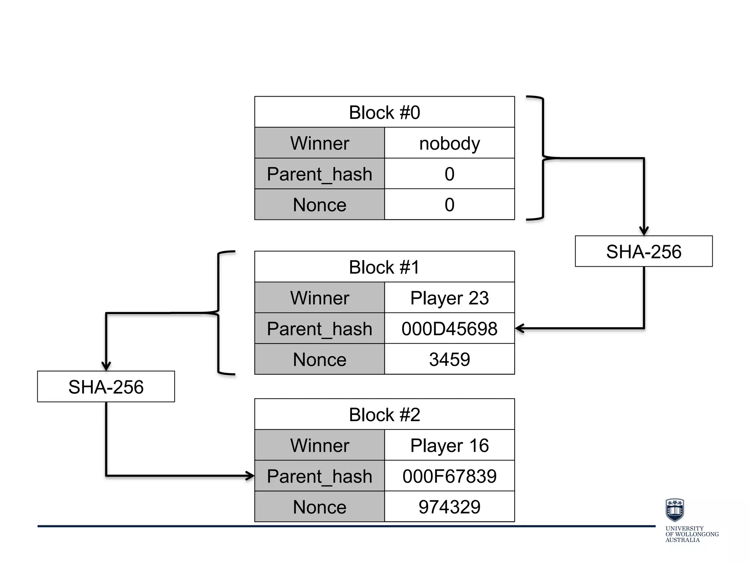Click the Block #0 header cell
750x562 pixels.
[384, 112]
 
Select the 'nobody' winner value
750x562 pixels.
[449, 143]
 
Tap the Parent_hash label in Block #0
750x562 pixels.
[319, 174]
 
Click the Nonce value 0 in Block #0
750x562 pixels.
[449, 205]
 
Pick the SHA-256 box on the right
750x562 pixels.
[643, 251]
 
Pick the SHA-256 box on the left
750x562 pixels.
[106, 387]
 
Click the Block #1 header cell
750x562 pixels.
[384, 267]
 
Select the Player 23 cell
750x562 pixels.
[449, 297]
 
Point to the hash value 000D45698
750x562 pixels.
[449, 328]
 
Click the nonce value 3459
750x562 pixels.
[449, 359]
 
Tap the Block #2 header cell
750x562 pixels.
[384, 414]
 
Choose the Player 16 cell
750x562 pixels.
[449, 445]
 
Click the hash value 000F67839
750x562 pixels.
[449, 476]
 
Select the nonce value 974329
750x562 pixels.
[449, 506]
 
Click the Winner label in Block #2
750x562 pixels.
[319, 445]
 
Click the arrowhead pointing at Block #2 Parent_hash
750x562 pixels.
[250, 476]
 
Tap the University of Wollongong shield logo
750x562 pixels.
[674, 510]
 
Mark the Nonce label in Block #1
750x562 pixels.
[319, 359]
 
